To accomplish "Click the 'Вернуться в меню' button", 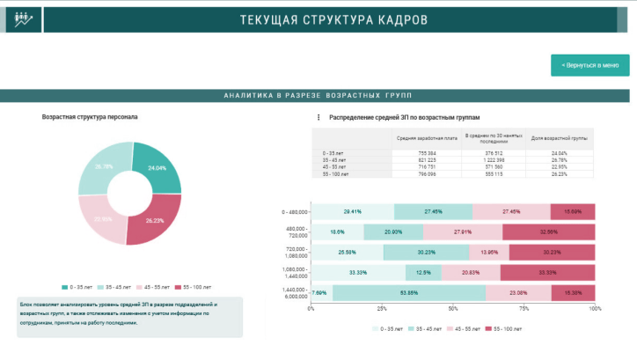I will (x=590, y=65).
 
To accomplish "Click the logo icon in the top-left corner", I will (x=18, y=19).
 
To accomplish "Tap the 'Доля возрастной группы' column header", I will (x=559, y=138).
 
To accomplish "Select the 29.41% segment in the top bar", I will (x=353, y=211).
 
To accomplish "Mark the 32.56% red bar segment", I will (x=549, y=231).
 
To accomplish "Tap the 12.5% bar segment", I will (x=424, y=273).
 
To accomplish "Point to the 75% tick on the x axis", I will (x=524, y=309).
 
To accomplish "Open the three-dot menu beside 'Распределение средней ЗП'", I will (x=318, y=117).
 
